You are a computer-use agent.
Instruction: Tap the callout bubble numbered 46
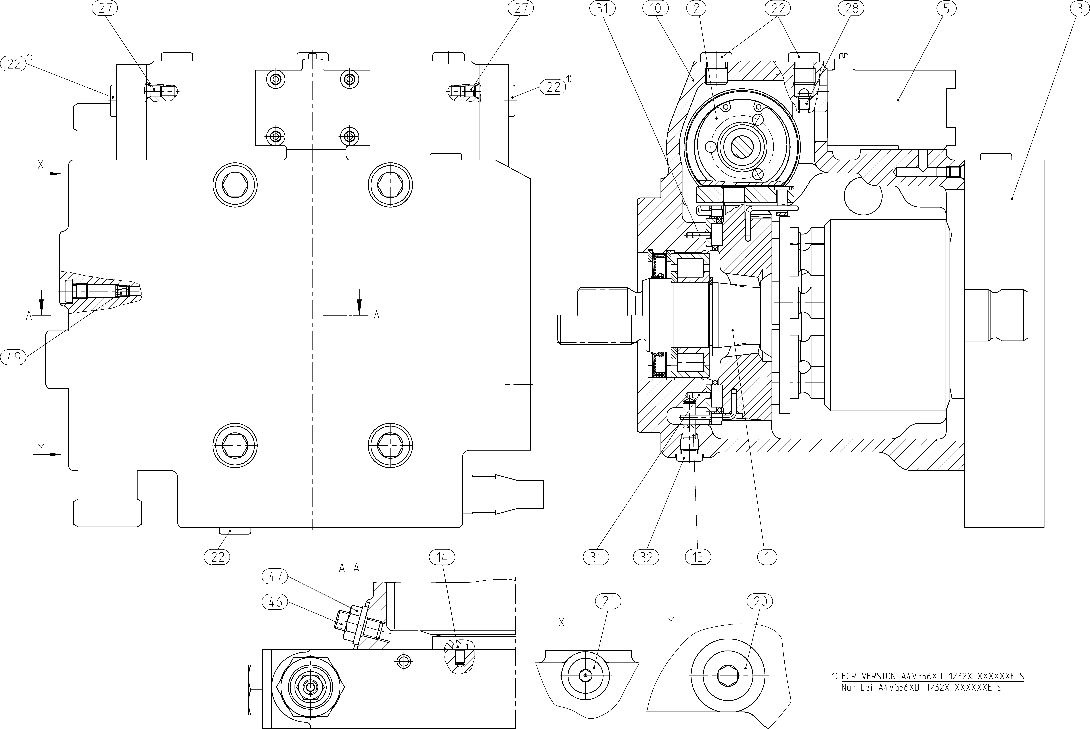pyautogui.click(x=275, y=602)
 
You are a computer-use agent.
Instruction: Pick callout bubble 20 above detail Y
pyautogui.click(x=760, y=602)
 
